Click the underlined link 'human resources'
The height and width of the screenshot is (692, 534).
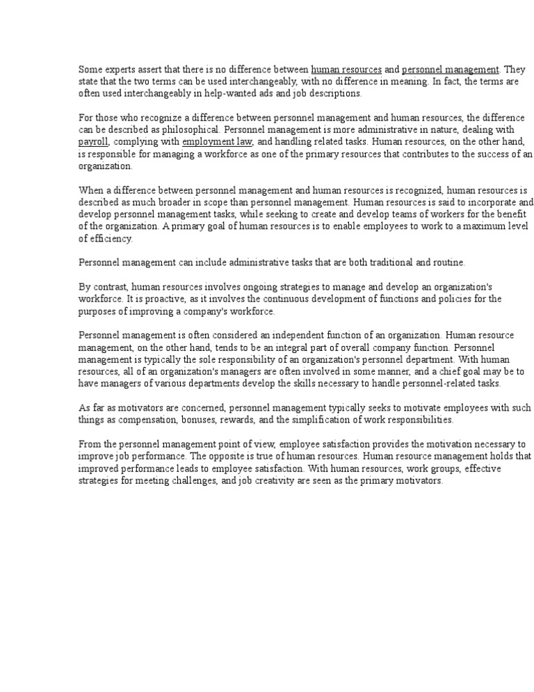coord(346,70)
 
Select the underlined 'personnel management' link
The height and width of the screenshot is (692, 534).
coord(451,70)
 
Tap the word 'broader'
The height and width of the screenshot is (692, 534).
coord(171,203)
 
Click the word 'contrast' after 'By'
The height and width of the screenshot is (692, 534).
coord(110,287)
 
